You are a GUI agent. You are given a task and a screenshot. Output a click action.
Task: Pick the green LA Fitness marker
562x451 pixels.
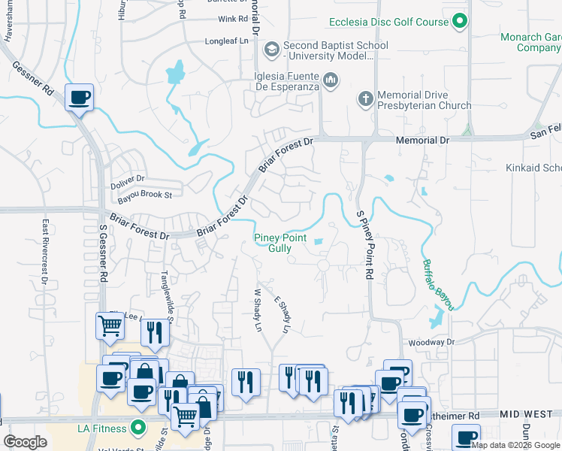point(137,428)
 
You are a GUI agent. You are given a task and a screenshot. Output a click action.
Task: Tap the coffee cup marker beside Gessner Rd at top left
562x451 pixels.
point(79,97)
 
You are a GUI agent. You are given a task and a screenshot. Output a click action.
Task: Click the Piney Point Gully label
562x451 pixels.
point(280,243)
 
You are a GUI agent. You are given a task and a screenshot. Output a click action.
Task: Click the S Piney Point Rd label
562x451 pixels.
point(364,245)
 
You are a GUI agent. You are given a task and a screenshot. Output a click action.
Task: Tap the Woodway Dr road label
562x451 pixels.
point(431,343)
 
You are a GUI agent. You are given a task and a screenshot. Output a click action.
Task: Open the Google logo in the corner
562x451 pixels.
point(26,442)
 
